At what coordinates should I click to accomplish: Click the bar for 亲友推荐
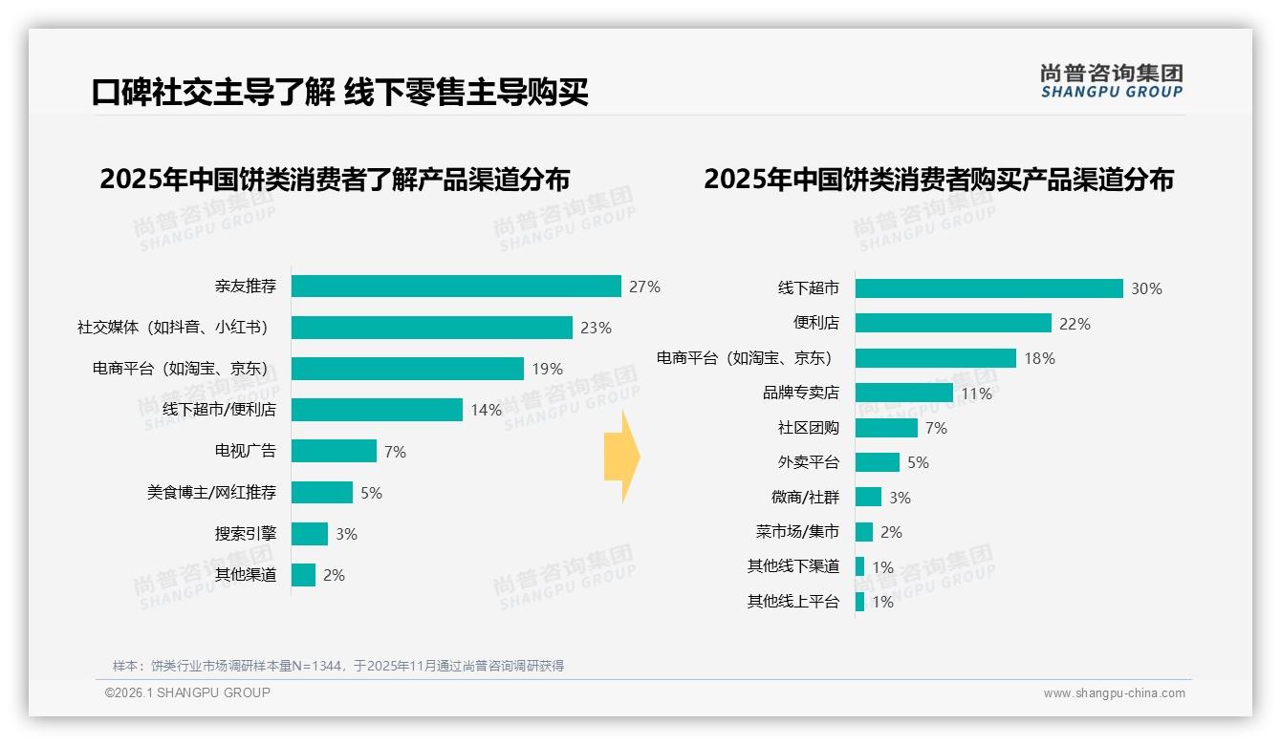(456, 287)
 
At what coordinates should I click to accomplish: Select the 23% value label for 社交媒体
(596, 328)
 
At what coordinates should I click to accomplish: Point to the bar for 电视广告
(334, 451)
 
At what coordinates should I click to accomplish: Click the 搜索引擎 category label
(246, 533)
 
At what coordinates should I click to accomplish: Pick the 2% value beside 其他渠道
(334, 575)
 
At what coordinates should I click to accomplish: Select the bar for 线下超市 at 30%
(988, 288)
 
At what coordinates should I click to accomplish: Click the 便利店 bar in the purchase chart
(953, 323)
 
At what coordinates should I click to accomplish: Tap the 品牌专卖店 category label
(801, 393)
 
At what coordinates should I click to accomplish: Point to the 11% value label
(976, 394)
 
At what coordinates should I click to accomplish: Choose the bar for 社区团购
(886, 428)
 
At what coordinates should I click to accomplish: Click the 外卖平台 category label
(809, 462)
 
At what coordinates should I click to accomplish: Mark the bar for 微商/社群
(868, 497)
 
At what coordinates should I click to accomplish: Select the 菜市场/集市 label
(797, 532)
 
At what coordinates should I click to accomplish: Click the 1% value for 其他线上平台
(882, 602)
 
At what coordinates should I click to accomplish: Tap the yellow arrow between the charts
(622, 457)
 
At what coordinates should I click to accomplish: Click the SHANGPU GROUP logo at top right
(1111, 81)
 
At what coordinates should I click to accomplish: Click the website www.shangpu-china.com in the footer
(1114, 693)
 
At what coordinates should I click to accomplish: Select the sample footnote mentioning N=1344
(338, 666)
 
